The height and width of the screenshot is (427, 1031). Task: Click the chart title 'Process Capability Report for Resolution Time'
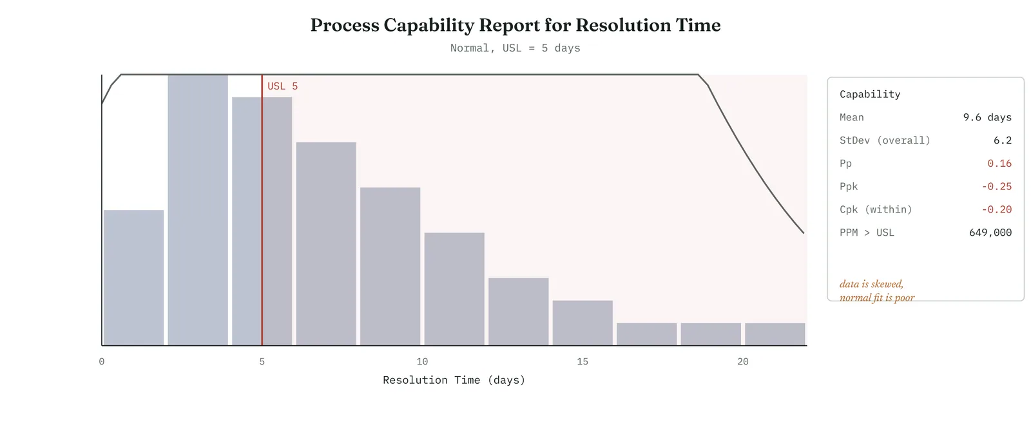[515, 25]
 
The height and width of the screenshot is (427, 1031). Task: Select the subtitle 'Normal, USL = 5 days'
[515, 48]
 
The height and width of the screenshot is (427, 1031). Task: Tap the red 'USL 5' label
[283, 86]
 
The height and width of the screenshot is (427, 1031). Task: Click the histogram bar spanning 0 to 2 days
[133, 278]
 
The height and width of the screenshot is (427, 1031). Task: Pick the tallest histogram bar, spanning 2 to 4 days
[198, 210]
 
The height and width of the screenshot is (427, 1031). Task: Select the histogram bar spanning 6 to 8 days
[326, 244]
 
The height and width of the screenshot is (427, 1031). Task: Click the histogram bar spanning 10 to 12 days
[454, 289]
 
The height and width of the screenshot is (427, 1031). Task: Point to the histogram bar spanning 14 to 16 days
[583, 323]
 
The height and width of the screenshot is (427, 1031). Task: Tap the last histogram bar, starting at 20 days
[775, 334]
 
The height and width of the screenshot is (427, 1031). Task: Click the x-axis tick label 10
[422, 362]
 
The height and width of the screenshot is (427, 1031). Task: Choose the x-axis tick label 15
[583, 362]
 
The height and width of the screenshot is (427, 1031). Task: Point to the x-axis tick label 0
[102, 362]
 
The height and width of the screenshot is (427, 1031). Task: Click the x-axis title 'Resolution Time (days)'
[454, 380]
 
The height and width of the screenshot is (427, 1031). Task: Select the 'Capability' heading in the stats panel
[870, 94]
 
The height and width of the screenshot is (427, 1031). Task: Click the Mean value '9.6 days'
[987, 117]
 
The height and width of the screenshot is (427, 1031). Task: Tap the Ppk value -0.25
[996, 186]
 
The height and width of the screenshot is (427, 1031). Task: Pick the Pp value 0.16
[999, 164]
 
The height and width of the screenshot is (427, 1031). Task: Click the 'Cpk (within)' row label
[876, 209]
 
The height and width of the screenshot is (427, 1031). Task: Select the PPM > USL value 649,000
[990, 232]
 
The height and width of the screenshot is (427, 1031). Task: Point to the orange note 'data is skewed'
[871, 284]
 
